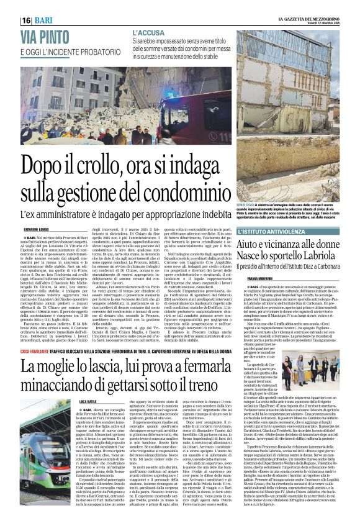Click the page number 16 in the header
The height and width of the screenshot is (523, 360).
tap(27, 20)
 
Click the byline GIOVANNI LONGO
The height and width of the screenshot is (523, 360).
tap(36, 230)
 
